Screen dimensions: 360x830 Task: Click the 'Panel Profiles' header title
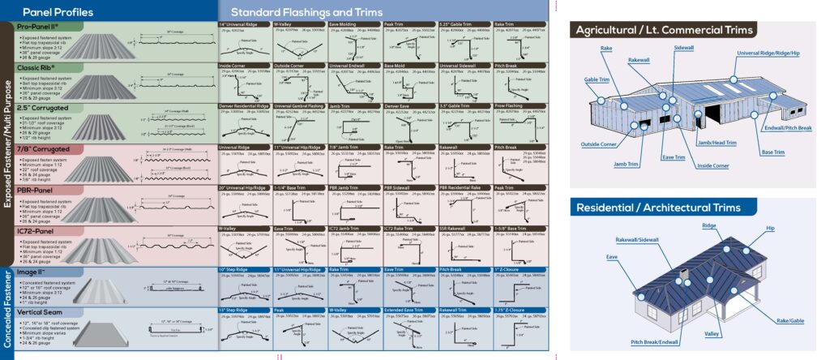(58, 12)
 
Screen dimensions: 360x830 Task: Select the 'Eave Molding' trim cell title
(344, 25)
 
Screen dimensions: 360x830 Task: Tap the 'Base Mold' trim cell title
(395, 65)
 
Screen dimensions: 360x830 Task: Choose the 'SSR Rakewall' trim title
(453, 229)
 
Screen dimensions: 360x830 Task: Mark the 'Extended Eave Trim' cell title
(405, 310)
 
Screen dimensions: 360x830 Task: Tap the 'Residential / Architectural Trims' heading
(658, 208)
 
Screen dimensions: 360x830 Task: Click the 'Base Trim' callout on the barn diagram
(772, 152)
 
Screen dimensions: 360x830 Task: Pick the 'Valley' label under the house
(712, 333)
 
